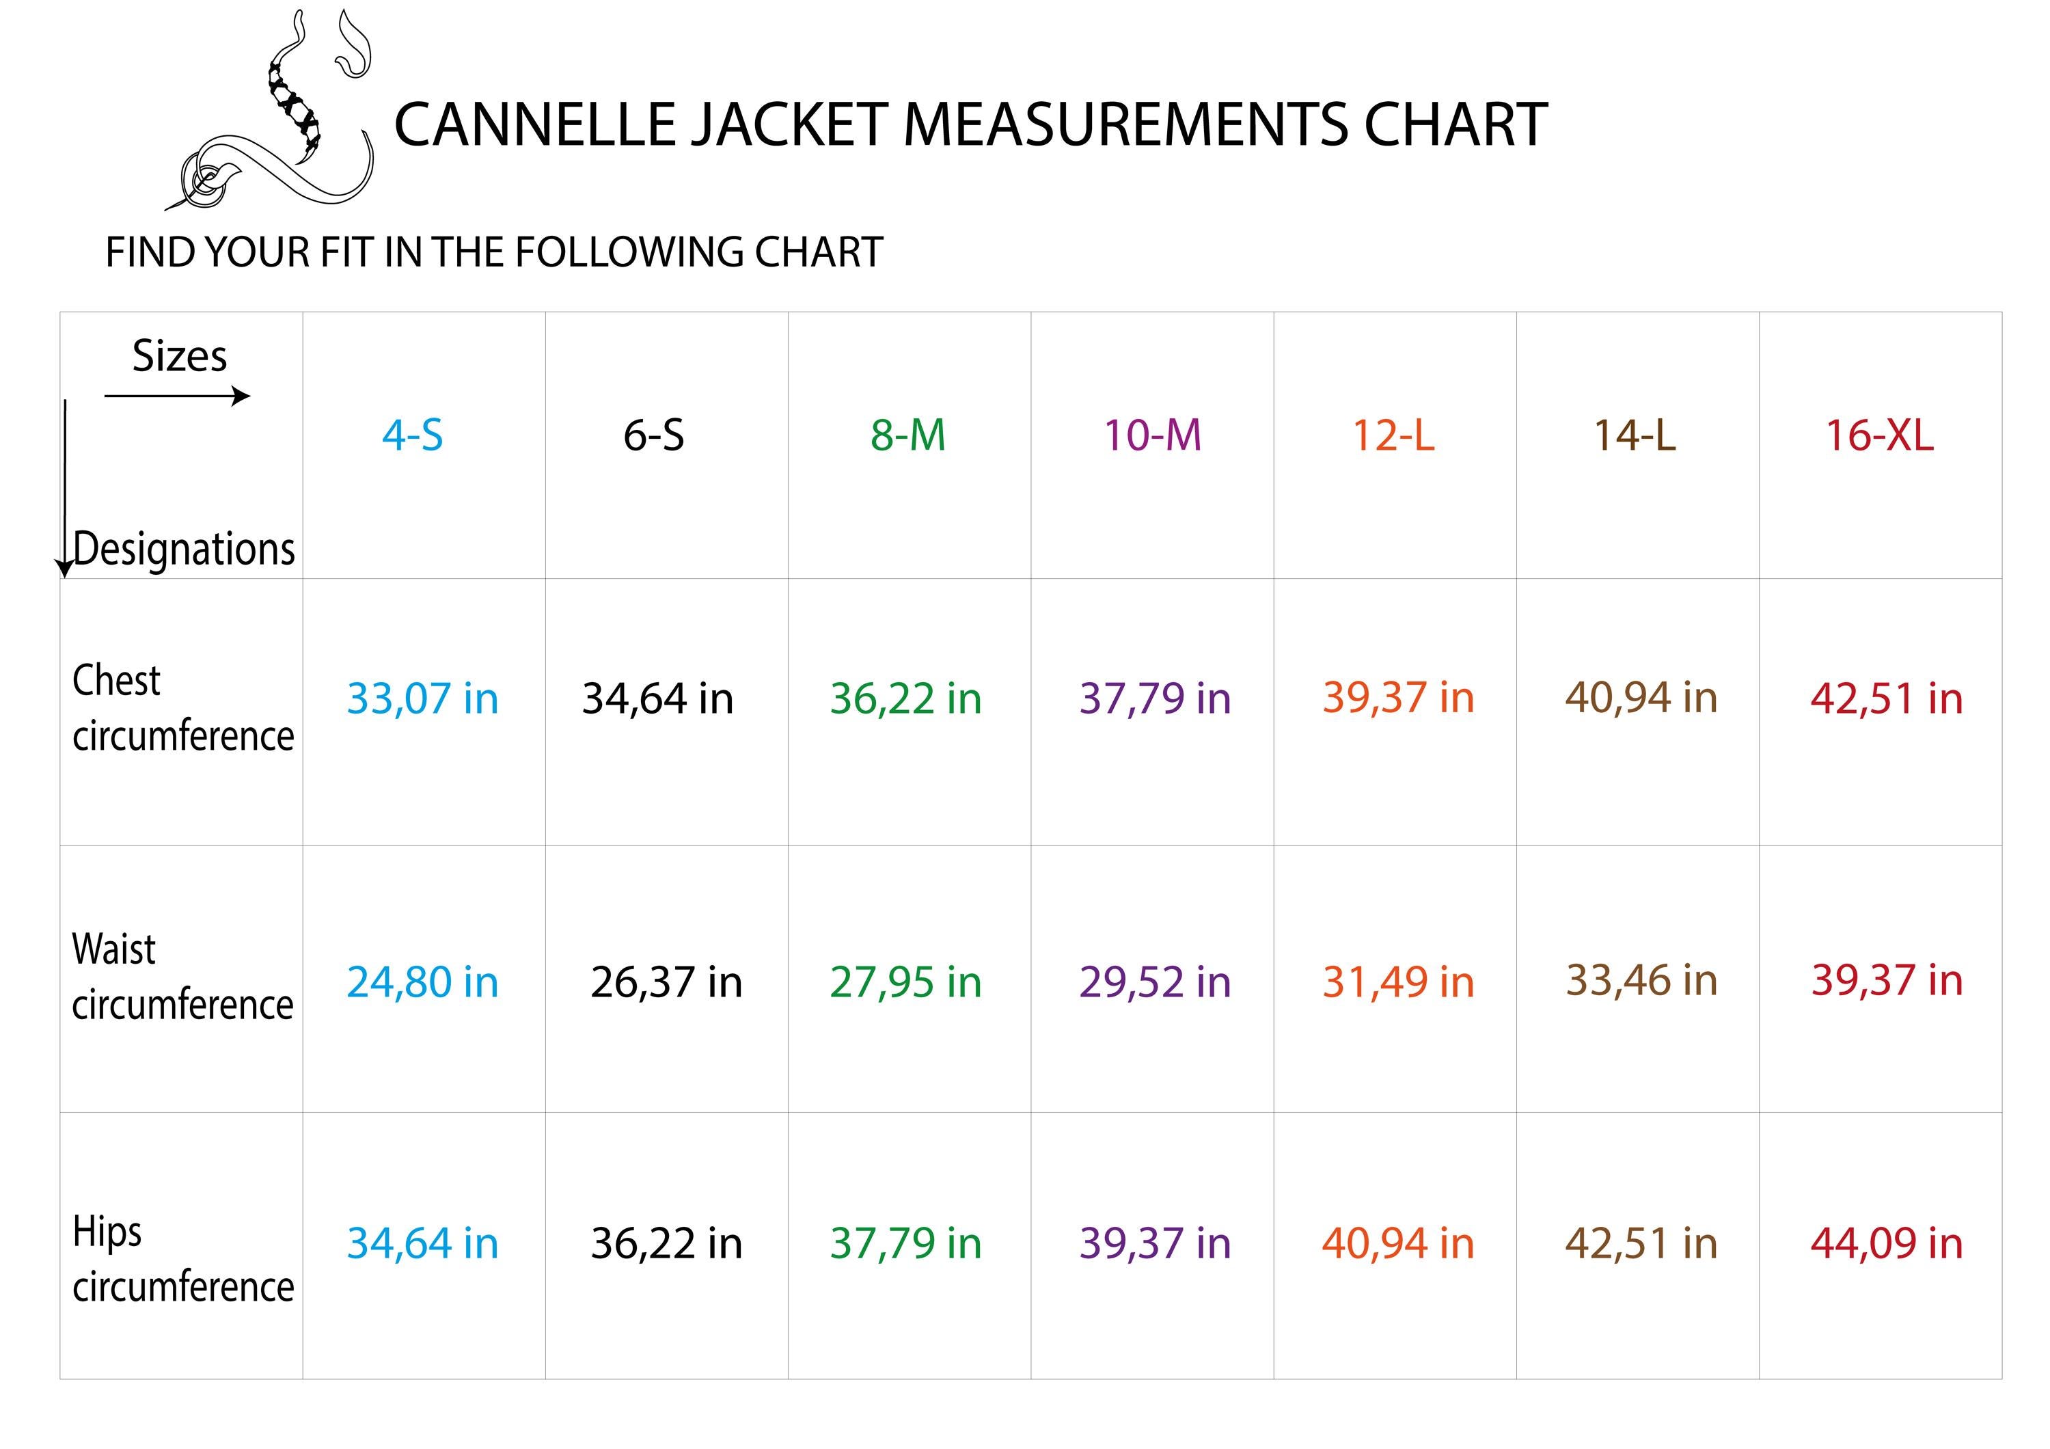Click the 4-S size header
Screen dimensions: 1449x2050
pyautogui.click(x=413, y=435)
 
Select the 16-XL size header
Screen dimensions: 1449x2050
pyautogui.click(x=1878, y=435)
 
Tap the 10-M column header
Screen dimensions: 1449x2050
pyautogui.click(x=1152, y=435)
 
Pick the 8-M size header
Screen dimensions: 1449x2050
pyautogui.click(x=907, y=435)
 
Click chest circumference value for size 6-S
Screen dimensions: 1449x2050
pyautogui.click(x=657, y=698)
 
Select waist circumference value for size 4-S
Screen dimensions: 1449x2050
pyautogui.click(x=422, y=982)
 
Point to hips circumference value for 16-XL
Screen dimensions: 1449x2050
pyautogui.click(x=1886, y=1243)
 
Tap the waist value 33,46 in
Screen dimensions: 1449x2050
pyautogui.click(x=1641, y=980)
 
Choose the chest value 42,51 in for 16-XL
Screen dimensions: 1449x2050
pyautogui.click(x=1886, y=698)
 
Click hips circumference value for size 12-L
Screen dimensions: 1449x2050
pyautogui.click(x=1397, y=1243)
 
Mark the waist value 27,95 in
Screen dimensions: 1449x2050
pyautogui.click(x=905, y=982)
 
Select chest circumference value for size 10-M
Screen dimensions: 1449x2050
pyautogui.click(x=1154, y=698)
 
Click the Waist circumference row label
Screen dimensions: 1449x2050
pyautogui.click(x=182, y=977)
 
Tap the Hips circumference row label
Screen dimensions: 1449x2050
pyautogui.click(x=182, y=1259)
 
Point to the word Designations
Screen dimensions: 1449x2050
pyautogui.click(x=184, y=548)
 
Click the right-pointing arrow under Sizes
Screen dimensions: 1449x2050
pyautogui.click(x=239, y=396)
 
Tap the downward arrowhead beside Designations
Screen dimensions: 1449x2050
pyautogui.click(x=65, y=569)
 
